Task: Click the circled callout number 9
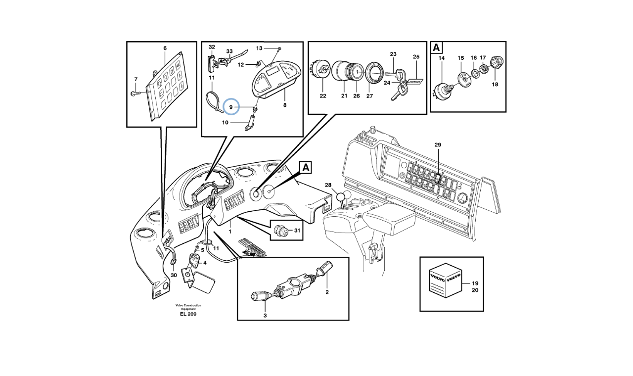[x=231, y=106]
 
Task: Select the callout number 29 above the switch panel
[x=438, y=145]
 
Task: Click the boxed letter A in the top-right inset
[x=436, y=48]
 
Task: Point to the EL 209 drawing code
[x=188, y=314]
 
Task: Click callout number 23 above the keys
[x=393, y=54]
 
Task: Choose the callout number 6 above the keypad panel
[x=165, y=48]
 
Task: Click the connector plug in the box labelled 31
[x=280, y=230]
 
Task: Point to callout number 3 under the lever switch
[x=265, y=315]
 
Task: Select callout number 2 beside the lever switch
[x=327, y=292]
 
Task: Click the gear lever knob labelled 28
[x=340, y=198]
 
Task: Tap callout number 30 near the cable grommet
[x=173, y=275]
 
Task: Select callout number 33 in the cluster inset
[x=229, y=51]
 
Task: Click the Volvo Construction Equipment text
[x=188, y=307]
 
